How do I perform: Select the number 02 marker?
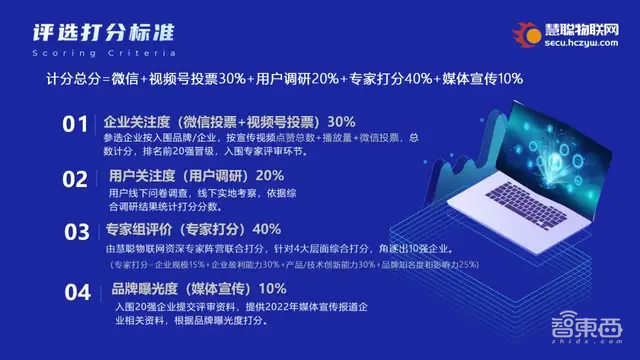(76, 179)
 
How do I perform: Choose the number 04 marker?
(77, 292)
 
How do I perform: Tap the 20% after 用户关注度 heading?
(269, 175)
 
